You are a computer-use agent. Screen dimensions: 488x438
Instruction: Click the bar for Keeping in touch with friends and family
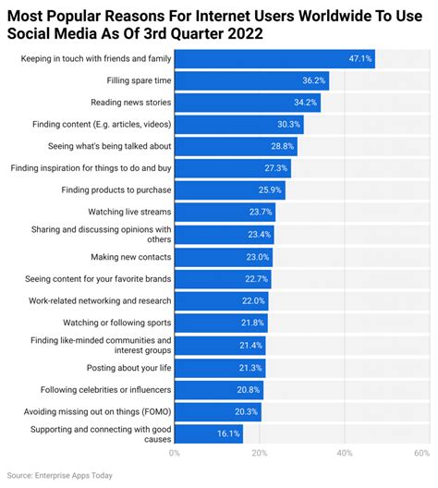[x=274, y=59]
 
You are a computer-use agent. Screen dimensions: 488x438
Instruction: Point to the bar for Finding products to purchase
[x=229, y=190]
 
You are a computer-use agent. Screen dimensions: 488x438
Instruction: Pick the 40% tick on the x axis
[x=345, y=454]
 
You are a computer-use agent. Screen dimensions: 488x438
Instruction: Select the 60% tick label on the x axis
[x=421, y=454]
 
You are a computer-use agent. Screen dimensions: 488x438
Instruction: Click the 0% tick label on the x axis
[x=175, y=454]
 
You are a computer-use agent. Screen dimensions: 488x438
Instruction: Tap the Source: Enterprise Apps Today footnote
[x=62, y=474]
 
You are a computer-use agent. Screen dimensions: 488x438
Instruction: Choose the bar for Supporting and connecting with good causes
[x=208, y=433]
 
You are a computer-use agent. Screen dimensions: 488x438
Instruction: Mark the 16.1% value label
[x=228, y=433]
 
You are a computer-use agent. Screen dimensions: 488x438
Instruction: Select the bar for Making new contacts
[x=222, y=257]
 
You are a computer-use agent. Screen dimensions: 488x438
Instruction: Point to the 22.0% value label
[x=253, y=301]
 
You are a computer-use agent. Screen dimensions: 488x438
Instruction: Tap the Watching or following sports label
[x=116, y=323]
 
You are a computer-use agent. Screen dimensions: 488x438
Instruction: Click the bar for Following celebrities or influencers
[x=218, y=389]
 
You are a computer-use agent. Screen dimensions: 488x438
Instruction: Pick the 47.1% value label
[x=359, y=59]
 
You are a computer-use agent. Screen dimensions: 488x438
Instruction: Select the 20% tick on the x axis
[x=260, y=454]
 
